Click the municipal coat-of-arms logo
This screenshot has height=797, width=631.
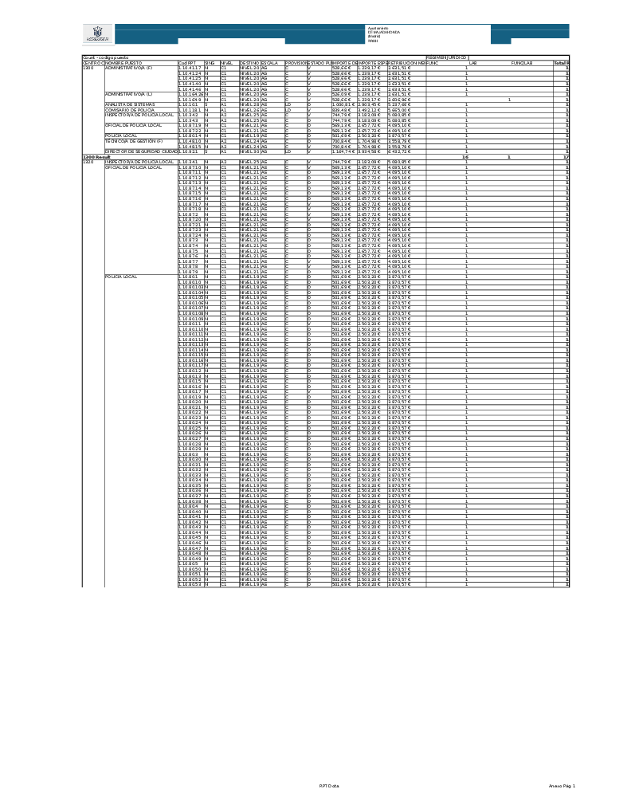click(98, 34)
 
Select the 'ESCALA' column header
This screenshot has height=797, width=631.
click(270, 62)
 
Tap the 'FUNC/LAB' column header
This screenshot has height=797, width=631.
click(522, 62)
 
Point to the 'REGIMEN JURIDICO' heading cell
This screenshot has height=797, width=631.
click(446, 57)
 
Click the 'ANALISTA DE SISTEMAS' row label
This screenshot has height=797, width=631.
click(130, 104)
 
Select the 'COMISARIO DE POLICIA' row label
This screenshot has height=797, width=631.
click(130, 110)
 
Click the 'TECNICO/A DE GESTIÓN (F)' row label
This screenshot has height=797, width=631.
click(134, 141)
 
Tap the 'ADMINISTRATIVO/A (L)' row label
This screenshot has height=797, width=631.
click(128, 94)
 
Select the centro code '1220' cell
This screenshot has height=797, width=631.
click(88, 162)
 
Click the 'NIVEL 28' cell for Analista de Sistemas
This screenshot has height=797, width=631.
click(249, 104)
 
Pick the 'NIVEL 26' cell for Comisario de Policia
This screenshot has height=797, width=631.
click(249, 110)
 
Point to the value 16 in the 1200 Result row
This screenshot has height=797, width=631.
click(465, 157)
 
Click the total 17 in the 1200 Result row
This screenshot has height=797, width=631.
click(566, 157)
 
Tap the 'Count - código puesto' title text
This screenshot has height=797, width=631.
click(106, 57)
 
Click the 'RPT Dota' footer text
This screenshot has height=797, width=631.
click(329, 786)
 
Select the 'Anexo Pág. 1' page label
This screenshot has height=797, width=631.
click(562, 786)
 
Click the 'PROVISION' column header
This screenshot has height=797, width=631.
click(296, 62)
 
